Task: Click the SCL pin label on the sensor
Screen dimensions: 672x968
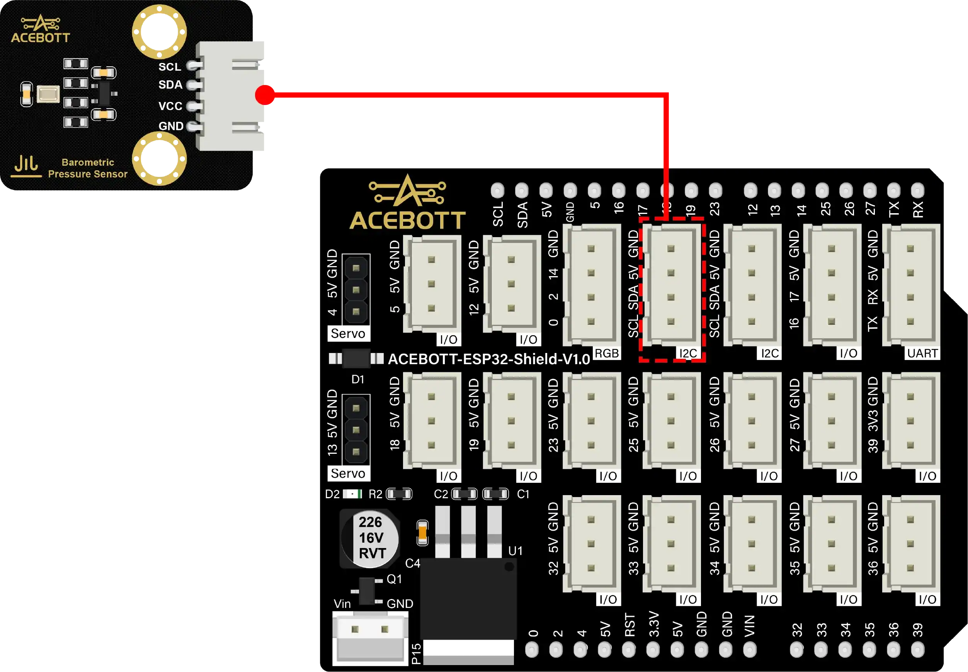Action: (x=169, y=66)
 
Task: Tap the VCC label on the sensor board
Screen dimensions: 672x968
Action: (x=170, y=106)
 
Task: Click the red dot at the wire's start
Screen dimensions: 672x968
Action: (x=265, y=94)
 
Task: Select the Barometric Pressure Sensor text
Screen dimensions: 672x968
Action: (x=88, y=168)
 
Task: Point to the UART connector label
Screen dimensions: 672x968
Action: (x=922, y=353)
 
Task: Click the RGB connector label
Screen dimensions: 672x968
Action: (x=607, y=353)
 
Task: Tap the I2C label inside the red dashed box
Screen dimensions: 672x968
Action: (x=688, y=353)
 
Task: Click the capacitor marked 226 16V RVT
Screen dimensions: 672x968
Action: (x=370, y=538)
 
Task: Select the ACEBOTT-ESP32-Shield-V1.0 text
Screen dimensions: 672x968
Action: (x=488, y=359)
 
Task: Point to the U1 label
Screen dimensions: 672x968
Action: (x=515, y=551)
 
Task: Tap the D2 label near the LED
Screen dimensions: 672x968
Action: (x=332, y=494)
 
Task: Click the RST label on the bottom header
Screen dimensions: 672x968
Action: (x=629, y=625)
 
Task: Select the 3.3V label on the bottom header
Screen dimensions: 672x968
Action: (x=653, y=624)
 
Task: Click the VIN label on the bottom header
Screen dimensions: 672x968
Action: (x=749, y=626)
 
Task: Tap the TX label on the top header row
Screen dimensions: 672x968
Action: (x=893, y=209)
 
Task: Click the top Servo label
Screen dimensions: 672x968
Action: (x=348, y=333)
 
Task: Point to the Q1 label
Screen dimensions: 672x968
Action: (x=394, y=579)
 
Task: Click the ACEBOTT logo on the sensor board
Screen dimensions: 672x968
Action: (x=41, y=29)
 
